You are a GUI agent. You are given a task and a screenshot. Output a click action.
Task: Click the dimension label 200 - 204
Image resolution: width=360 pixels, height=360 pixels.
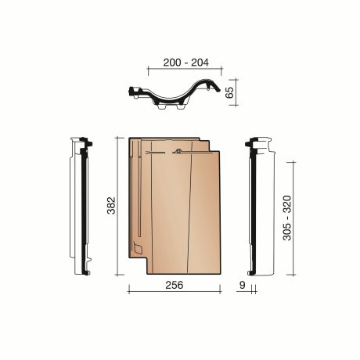[185, 63]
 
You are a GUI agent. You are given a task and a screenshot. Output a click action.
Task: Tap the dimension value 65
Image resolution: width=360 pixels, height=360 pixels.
[229, 92]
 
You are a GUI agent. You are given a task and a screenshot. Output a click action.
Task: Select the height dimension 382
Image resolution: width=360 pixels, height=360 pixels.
[111, 205]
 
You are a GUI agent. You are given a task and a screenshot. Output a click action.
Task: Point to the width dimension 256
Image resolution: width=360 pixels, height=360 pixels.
[175, 285]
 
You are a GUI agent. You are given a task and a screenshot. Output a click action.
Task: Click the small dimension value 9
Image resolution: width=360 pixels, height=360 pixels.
[243, 285]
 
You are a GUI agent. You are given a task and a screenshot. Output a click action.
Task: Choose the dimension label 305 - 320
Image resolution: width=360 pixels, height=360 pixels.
[287, 218]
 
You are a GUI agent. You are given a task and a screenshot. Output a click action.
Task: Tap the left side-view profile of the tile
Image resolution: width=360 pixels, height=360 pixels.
[81, 206]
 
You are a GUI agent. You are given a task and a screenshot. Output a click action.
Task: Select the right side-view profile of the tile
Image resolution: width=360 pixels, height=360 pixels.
[260, 207]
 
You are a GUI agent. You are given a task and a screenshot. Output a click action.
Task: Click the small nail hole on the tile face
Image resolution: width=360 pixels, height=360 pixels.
[178, 151]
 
